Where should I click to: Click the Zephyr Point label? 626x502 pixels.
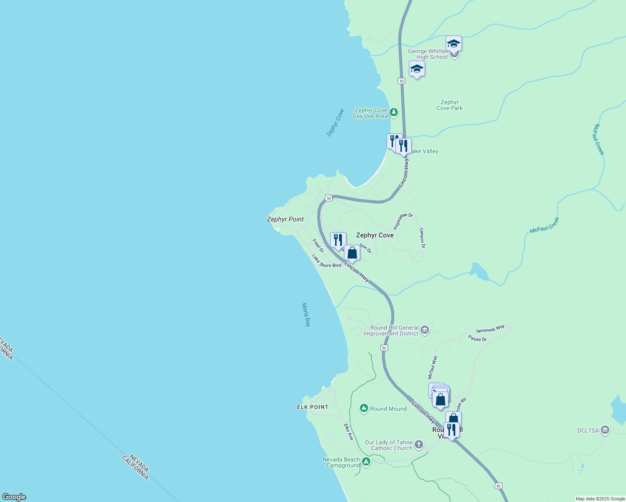point(285,219)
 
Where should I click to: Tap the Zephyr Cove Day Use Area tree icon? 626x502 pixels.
point(393,112)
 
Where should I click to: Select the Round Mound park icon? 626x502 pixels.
point(364,408)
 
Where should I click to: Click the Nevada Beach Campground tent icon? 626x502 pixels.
point(366,462)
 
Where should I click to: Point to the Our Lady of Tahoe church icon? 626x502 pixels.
point(419,445)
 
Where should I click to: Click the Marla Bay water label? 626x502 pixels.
point(306,315)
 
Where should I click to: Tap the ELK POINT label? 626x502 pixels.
point(313,407)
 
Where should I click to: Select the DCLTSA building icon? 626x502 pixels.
point(605,430)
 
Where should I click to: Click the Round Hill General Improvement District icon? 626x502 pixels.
point(425,330)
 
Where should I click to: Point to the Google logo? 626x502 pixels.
point(14,497)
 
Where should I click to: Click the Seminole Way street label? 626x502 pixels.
point(490,329)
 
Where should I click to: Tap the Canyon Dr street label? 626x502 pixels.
point(422,238)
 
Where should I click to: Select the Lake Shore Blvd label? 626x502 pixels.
point(326,261)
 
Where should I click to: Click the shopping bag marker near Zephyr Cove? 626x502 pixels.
point(352,253)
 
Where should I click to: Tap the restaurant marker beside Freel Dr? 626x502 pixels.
point(338,240)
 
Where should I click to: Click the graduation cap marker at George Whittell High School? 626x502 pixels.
point(454,44)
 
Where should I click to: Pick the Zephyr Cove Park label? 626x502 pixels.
point(449,105)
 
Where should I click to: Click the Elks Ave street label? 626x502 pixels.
point(349,432)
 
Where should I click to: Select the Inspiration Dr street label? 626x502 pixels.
point(403,221)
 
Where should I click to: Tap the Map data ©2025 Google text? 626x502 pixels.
point(600,499)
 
